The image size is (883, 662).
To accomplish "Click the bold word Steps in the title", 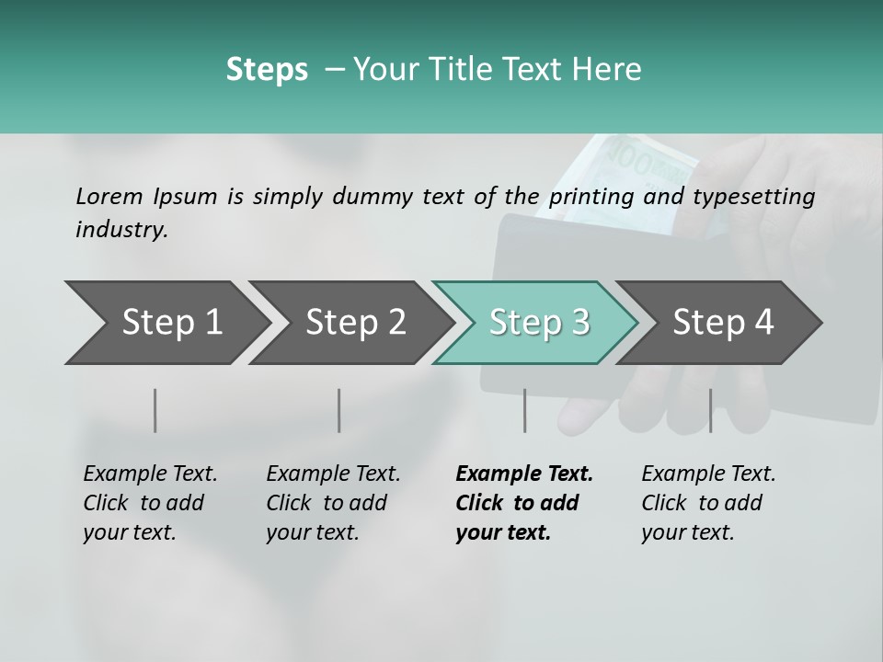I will [267, 70].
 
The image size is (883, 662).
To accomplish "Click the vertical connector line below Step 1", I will [155, 410].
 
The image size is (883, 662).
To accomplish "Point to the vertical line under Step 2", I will [339, 410].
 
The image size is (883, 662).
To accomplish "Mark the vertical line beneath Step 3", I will [524, 410].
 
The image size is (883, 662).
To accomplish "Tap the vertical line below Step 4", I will [710, 410].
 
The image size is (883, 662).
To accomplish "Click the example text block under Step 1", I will [150, 503].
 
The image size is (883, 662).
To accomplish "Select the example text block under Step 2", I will [333, 503].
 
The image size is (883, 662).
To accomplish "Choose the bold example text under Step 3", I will [524, 503].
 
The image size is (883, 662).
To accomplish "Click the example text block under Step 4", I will [708, 503].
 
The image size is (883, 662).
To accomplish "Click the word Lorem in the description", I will [109, 196].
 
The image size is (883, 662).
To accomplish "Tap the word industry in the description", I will [120, 230].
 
